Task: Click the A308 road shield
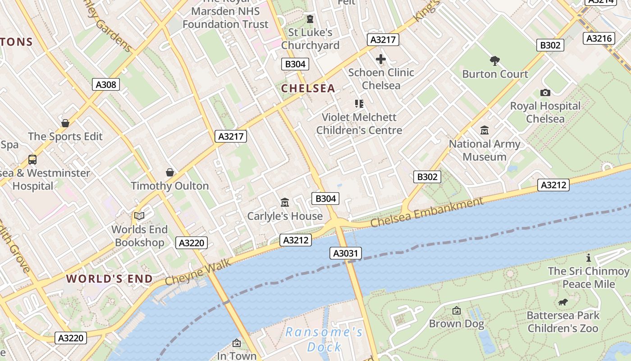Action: [x=106, y=84]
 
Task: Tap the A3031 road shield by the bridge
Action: [x=346, y=253]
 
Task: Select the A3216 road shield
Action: [x=599, y=38]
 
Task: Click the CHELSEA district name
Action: [x=308, y=88]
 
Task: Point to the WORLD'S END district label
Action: [x=110, y=278]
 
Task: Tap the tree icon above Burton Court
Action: [x=495, y=60]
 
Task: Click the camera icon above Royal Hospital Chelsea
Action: [x=545, y=93]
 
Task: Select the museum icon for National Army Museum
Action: [x=485, y=130]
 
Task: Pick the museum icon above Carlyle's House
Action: [x=285, y=202]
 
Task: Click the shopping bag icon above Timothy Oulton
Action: [x=170, y=172]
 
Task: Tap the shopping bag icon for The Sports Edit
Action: [x=65, y=123]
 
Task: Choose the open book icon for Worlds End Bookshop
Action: [x=139, y=216]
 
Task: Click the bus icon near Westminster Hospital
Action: [x=32, y=159]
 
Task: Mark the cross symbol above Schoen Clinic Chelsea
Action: [x=381, y=59]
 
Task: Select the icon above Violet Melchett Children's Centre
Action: [x=359, y=104]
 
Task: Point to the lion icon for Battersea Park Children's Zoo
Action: [x=563, y=302]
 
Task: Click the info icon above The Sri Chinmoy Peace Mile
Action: [x=588, y=258]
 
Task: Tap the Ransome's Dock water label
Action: [x=324, y=339]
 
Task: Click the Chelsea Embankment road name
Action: [x=427, y=213]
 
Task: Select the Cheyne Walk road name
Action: [x=198, y=272]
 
